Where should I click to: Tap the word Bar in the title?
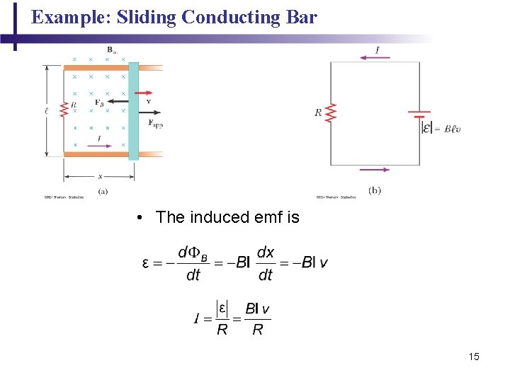tap(302, 17)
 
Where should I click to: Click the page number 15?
tap(474, 357)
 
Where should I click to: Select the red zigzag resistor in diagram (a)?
tap(64, 109)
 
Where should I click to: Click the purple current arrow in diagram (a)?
tap(100, 146)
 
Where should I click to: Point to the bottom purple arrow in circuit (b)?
tap(375, 170)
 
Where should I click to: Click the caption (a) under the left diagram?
tap(103, 191)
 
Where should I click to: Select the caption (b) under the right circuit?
tap(375, 191)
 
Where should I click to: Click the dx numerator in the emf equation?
tap(266, 252)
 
